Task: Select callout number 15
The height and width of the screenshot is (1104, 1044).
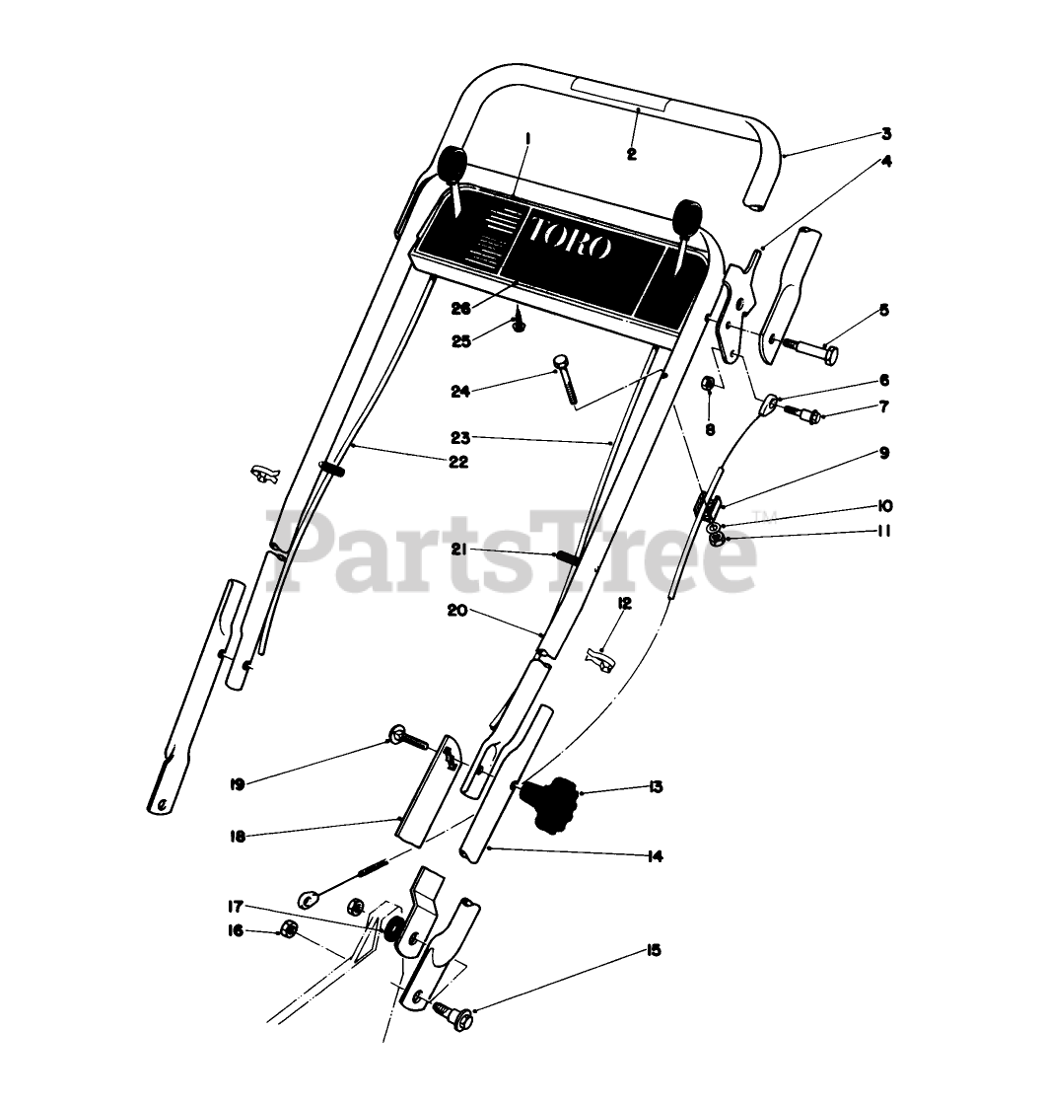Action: [x=654, y=951]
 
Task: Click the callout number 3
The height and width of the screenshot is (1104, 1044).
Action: [x=886, y=133]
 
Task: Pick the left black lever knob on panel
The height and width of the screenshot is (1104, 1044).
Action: [x=453, y=165]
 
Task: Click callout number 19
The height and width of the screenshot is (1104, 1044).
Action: [x=237, y=784]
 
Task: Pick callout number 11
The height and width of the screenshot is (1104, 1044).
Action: [x=883, y=531]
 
